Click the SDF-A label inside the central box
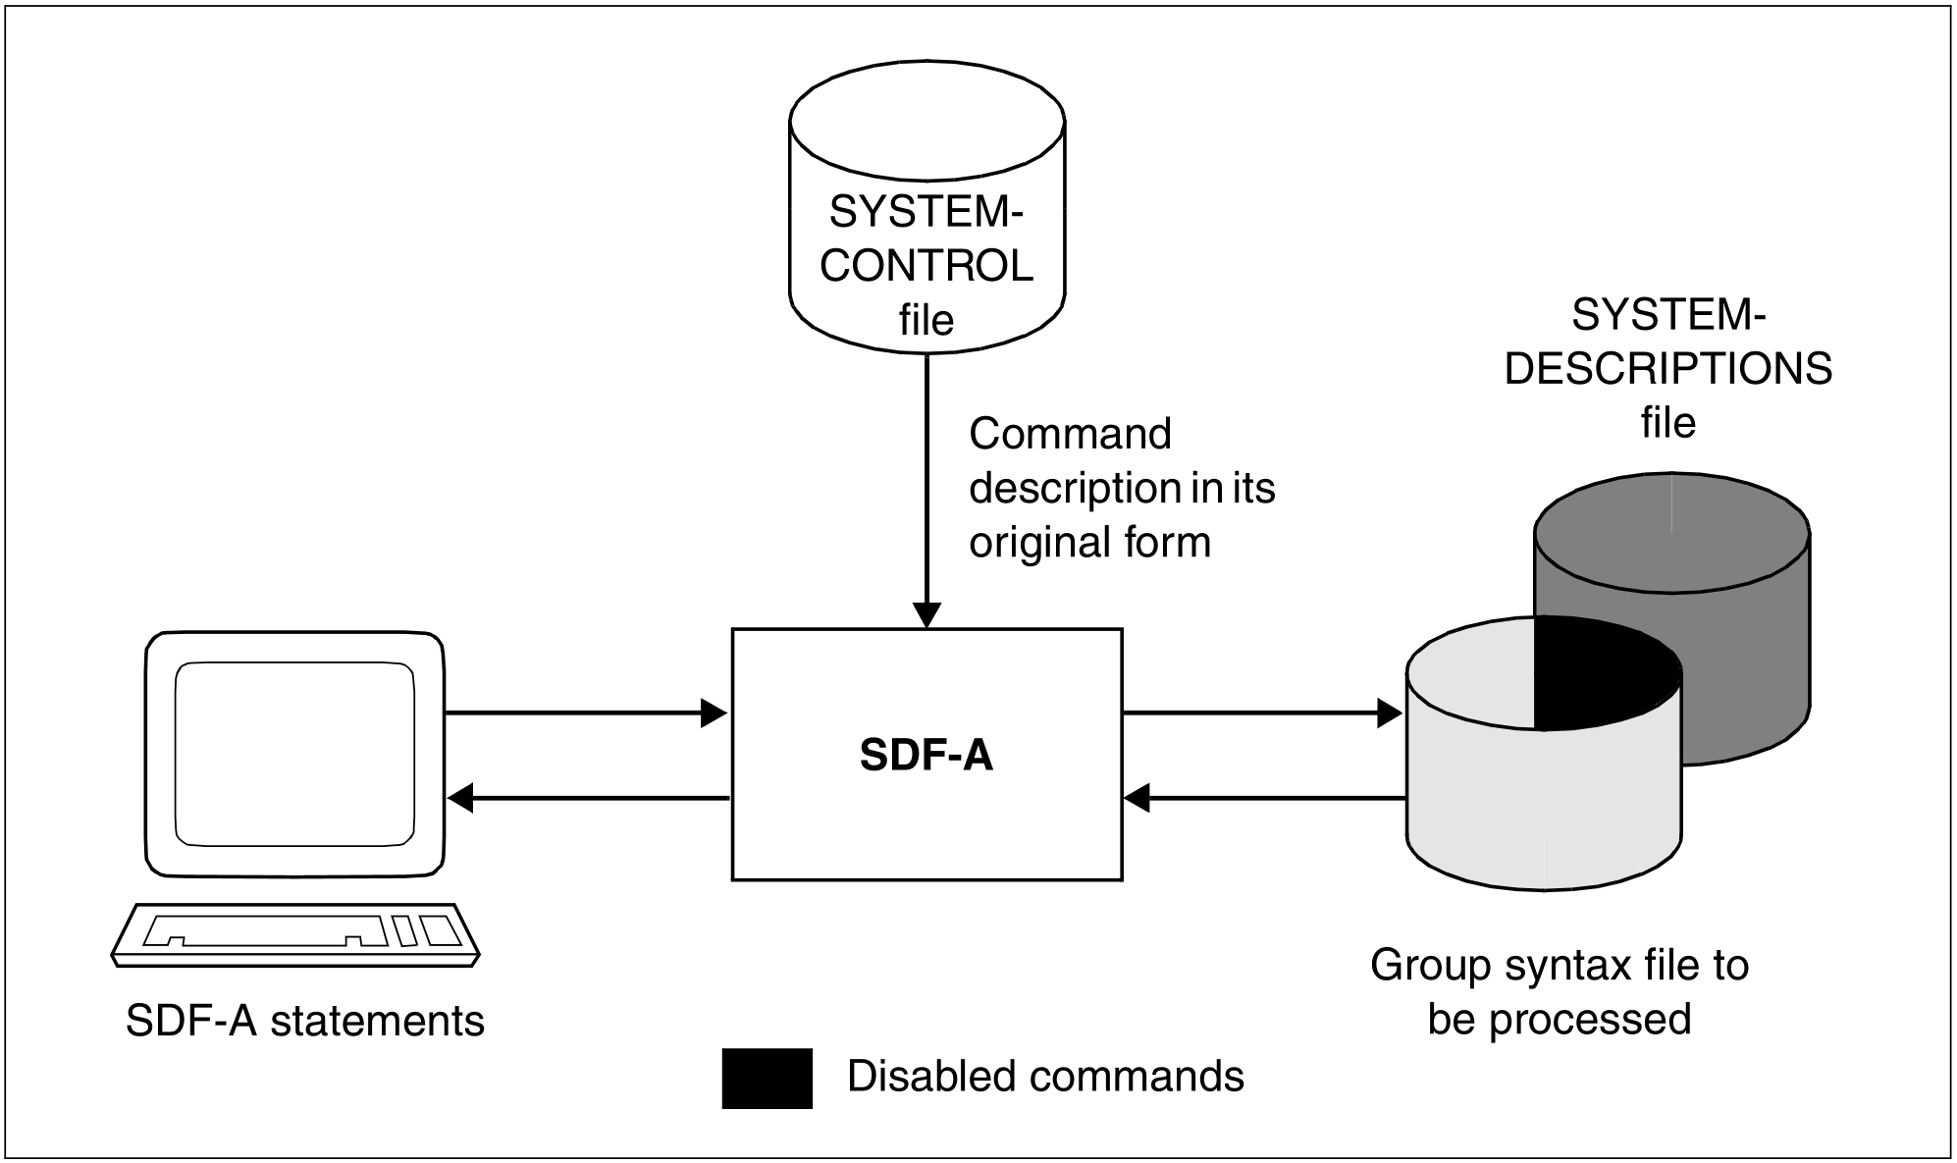click(926, 755)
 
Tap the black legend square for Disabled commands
click(767, 1078)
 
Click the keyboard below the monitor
click(295, 932)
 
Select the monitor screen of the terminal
click(294, 753)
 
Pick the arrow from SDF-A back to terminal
click(589, 798)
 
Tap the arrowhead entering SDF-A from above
click(926, 615)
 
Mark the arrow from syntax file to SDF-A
click(1266, 798)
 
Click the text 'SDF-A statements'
click(305, 1021)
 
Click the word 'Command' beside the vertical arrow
click(1070, 434)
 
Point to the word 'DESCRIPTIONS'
click(1667, 369)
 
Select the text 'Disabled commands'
click(1045, 1077)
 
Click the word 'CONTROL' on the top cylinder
click(926, 266)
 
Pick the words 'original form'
click(1089, 542)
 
